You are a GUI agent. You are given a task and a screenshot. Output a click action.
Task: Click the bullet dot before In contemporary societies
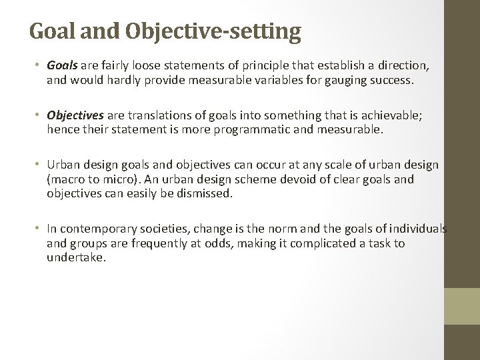click(39, 229)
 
